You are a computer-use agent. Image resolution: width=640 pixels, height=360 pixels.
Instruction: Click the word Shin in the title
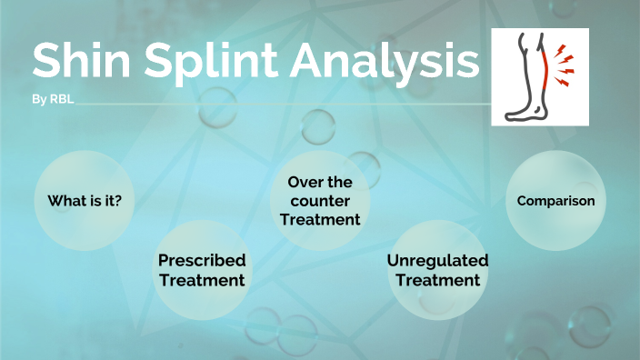80,62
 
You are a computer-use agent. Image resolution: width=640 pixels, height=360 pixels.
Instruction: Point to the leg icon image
540,76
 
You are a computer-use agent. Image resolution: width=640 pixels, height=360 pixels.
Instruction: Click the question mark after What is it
118,201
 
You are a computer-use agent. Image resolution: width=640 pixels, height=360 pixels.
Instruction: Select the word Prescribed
202,260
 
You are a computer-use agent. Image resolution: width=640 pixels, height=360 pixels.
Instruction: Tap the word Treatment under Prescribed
202,280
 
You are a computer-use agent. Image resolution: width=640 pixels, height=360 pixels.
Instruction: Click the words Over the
320,182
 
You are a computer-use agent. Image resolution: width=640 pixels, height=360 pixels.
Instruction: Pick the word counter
320,200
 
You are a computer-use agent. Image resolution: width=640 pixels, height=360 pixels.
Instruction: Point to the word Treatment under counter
320,219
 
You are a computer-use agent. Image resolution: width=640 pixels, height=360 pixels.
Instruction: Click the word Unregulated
437,260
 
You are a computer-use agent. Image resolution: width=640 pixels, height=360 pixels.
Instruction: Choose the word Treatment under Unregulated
437,280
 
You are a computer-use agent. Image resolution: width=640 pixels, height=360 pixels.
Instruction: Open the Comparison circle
555,201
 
